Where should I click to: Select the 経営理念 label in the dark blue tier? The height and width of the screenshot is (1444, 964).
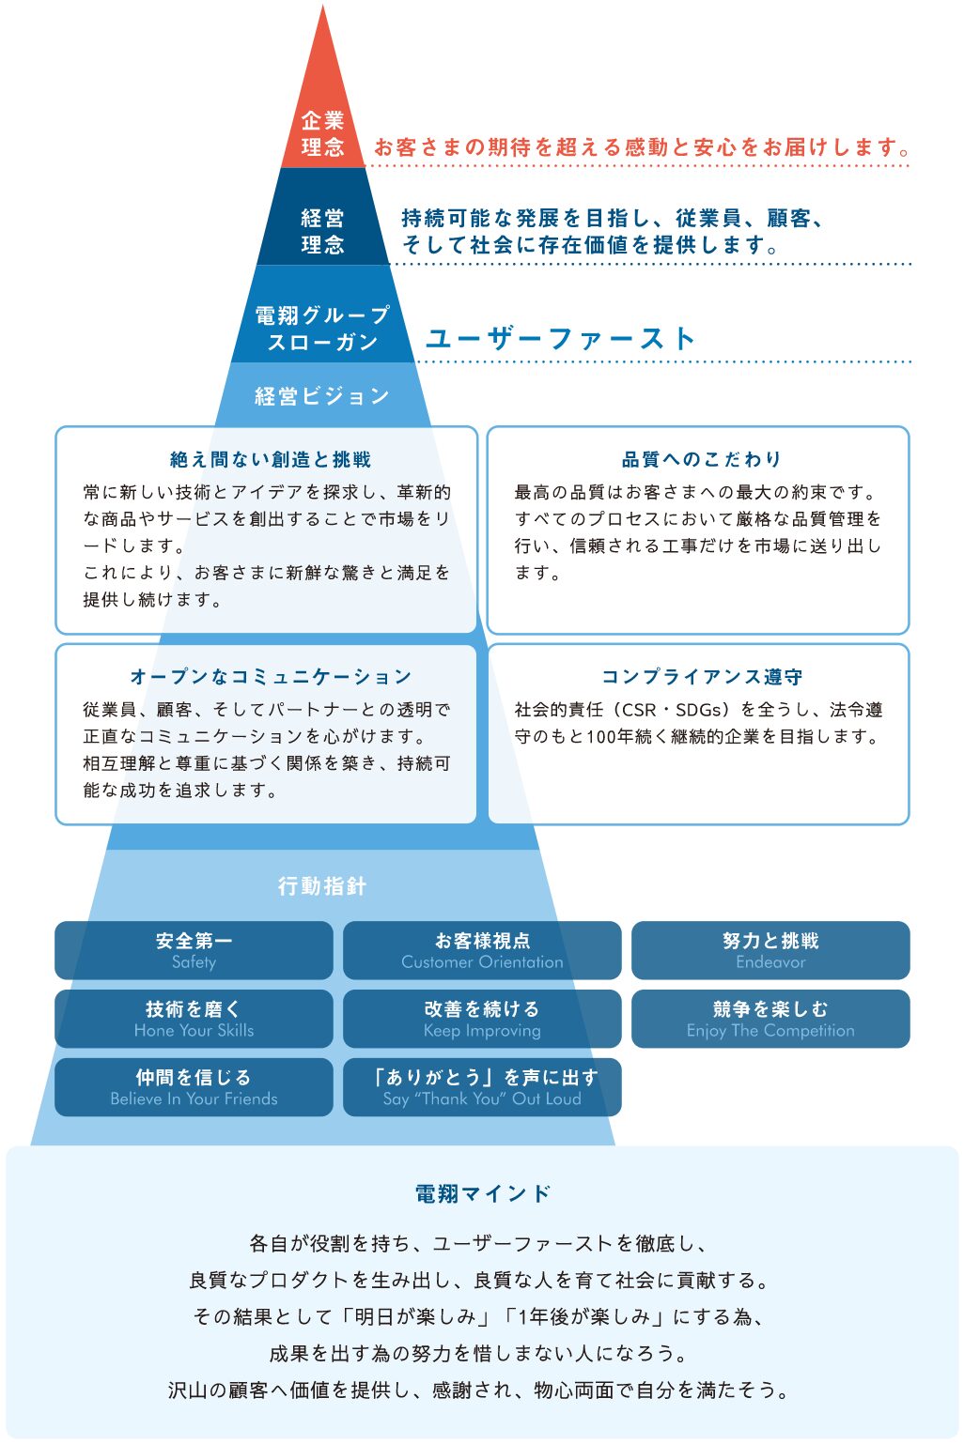[x=322, y=231]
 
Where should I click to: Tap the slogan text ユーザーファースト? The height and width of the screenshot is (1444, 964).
[x=560, y=338]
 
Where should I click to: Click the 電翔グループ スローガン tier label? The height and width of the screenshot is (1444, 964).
[x=322, y=328]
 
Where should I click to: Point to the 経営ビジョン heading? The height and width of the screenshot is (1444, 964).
[x=322, y=396]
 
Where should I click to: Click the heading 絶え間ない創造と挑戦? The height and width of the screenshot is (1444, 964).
[x=271, y=459]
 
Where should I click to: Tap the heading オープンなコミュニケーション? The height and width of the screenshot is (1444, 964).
[x=271, y=677]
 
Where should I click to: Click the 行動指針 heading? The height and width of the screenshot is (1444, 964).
[x=322, y=885]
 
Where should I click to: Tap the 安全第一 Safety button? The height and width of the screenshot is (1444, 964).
[x=194, y=950]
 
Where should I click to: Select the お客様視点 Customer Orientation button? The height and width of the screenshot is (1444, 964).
[x=482, y=950]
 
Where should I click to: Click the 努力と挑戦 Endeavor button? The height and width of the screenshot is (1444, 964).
[x=770, y=950]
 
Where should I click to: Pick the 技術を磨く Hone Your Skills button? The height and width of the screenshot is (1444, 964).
[x=194, y=1019]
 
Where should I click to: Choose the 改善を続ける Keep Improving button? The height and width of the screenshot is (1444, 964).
[x=482, y=1019]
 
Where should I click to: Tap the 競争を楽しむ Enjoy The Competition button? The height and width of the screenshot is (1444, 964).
[x=770, y=1019]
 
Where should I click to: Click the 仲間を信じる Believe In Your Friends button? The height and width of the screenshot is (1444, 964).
[x=194, y=1087]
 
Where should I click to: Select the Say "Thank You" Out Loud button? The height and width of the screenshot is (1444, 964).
[x=482, y=1087]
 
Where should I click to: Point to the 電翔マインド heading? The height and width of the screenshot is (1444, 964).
[x=482, y=1193]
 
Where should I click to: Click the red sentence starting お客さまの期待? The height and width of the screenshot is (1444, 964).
[x=643, y=147]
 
